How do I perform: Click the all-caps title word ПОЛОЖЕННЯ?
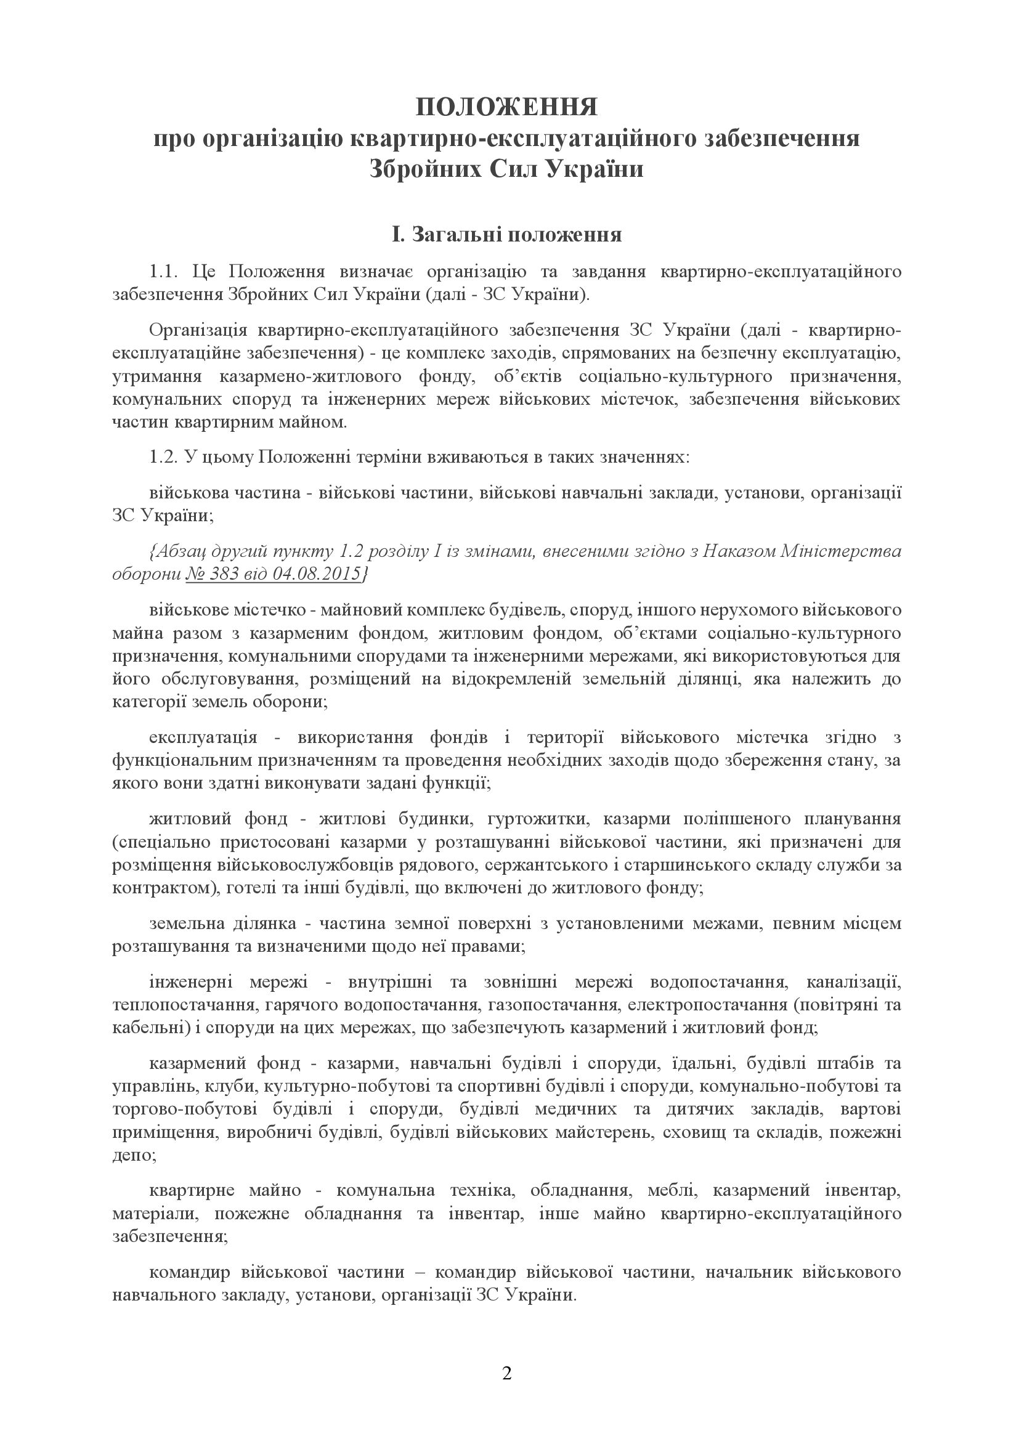click(508, 108)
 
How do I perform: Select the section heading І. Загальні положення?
click(507, 235)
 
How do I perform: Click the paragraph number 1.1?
click(166, 272)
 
